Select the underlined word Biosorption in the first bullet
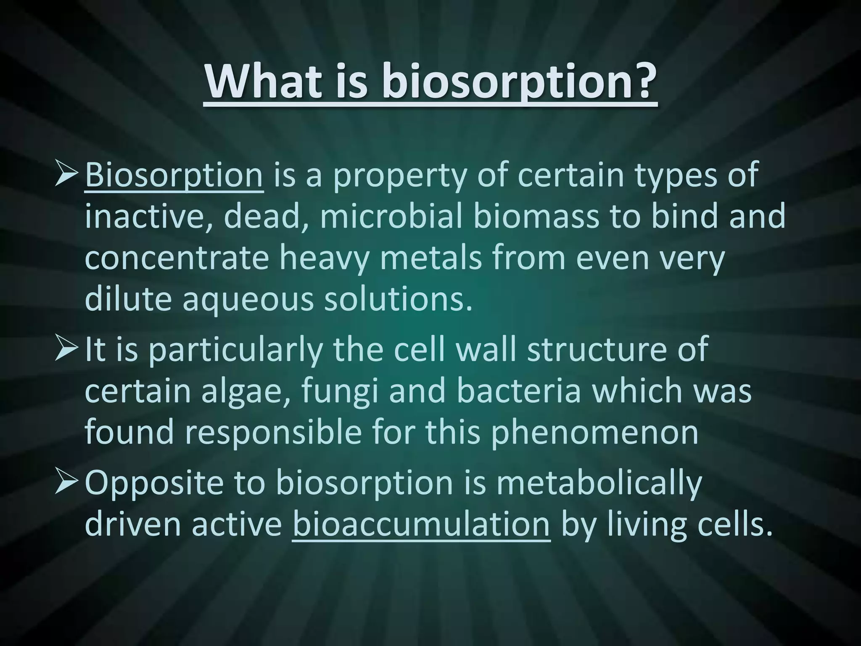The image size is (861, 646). pyautogui.click(x=174, y=175)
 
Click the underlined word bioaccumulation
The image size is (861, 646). pyautogui.click(x=421, y=524)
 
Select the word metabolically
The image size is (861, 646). pyautogui.click(x=599, y=483)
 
